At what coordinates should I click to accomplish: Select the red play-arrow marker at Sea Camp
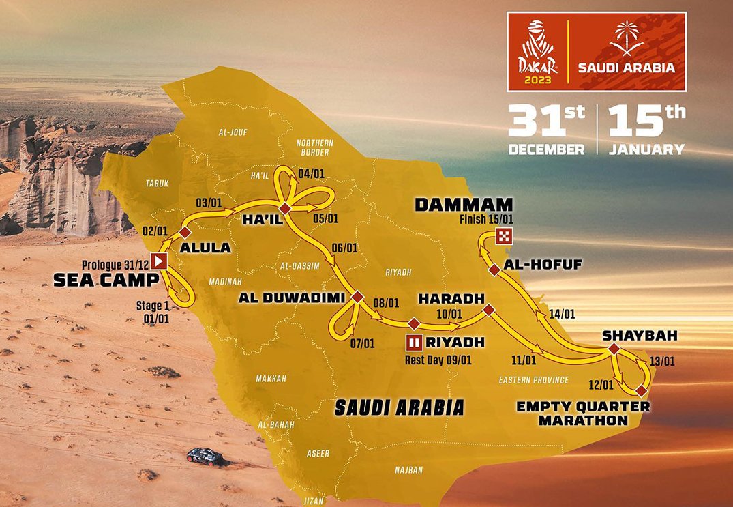coord(160,260)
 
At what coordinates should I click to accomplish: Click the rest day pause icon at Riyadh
coord(414,342)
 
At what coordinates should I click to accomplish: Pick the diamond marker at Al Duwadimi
coord(357,297)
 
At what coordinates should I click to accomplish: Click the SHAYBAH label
coord(631,336)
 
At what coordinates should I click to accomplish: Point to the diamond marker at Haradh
coord(488,310)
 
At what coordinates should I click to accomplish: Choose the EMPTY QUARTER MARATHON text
coord(583,414)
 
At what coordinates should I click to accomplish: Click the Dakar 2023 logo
coord(539,52)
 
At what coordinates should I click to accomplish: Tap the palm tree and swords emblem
coord(626,42)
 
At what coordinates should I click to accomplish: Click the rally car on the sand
coord(205,457)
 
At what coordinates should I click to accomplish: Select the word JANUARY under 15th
coord(646,149)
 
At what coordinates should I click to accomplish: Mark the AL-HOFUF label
coord(543,264)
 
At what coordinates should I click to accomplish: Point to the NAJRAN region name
coord(408,469)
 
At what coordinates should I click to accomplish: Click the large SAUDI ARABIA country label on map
coord(399,407)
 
